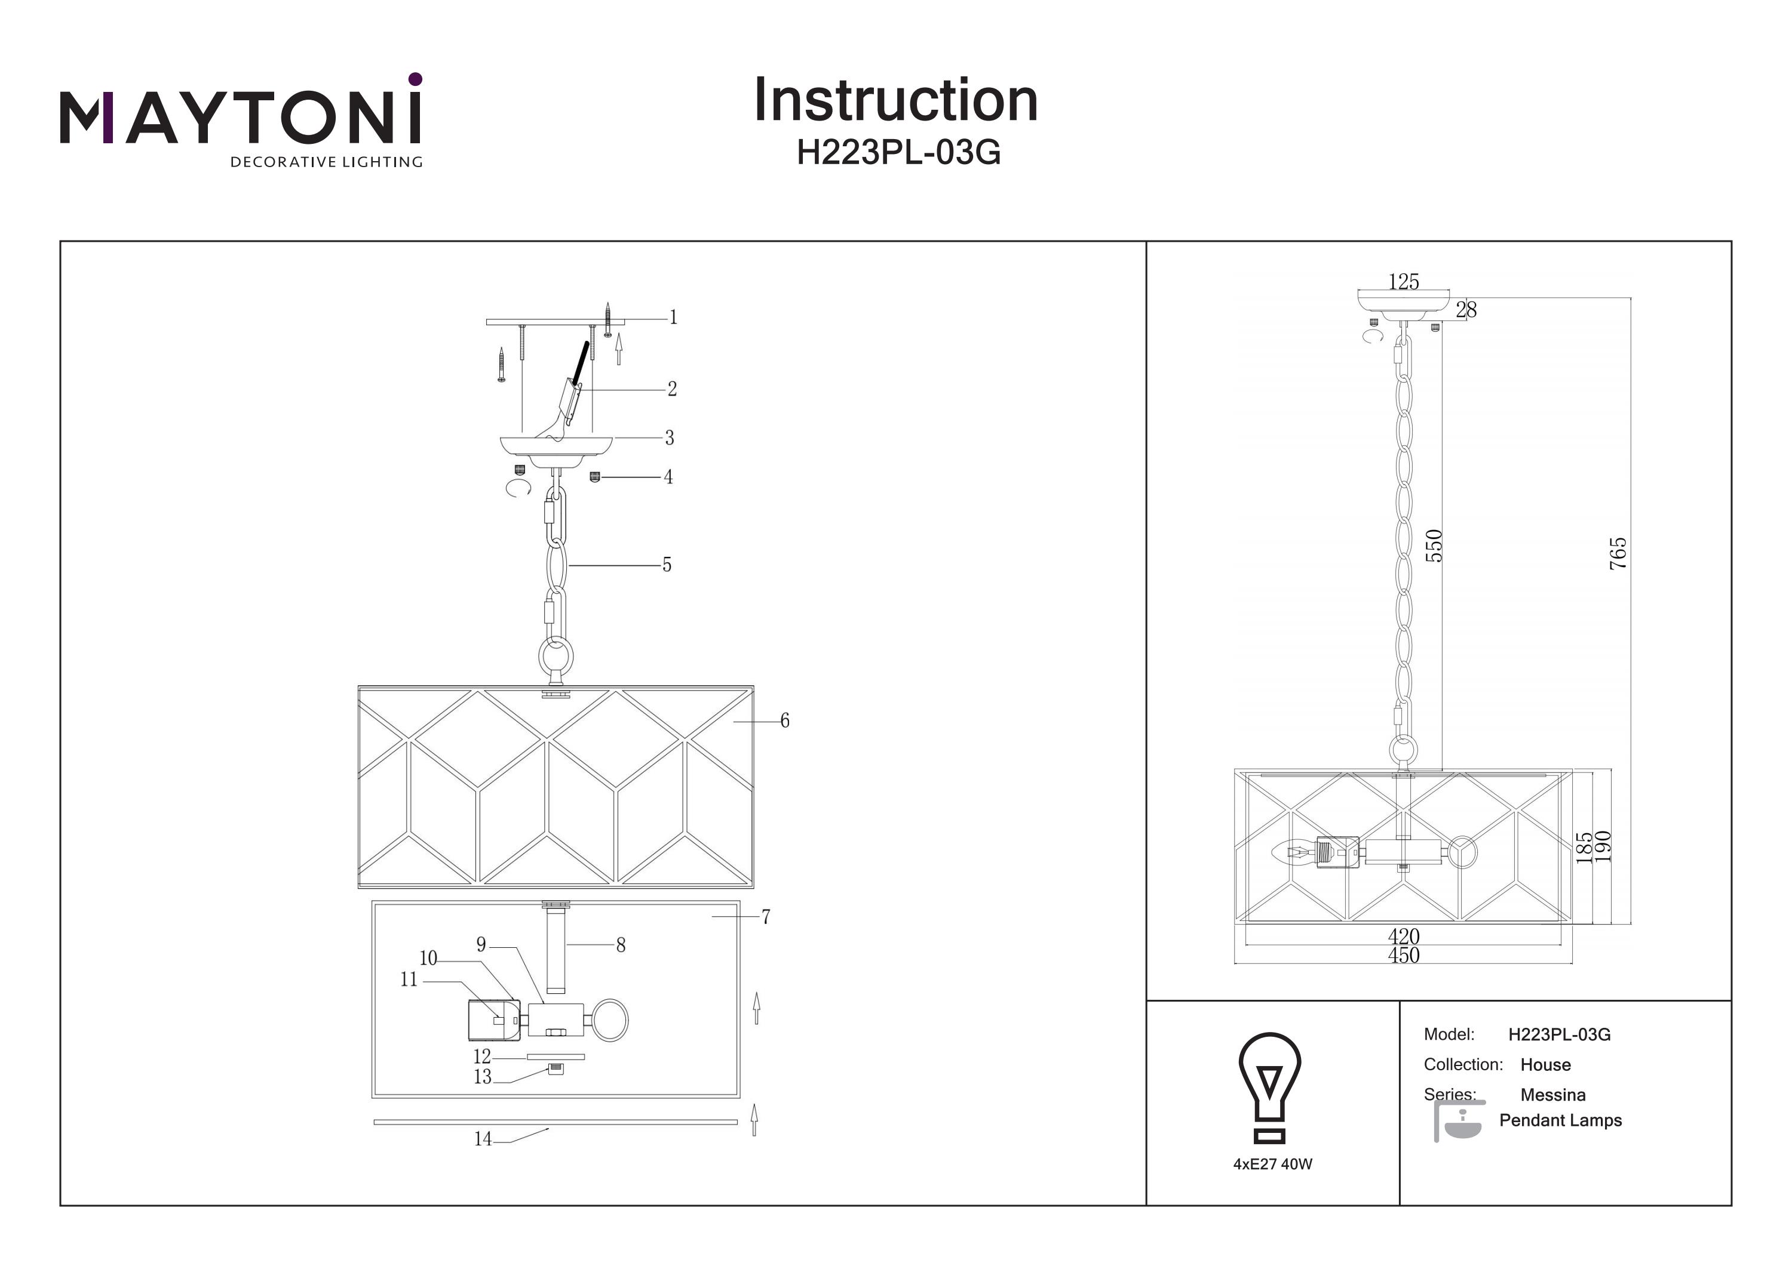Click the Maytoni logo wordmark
(x=240, y=117)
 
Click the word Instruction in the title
(x=895, y=101)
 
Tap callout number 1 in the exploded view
(x=674, y=318)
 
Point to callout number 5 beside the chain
(x=667, y=565)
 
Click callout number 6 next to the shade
(x=784, y=721)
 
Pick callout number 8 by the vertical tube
(x=621, y=945)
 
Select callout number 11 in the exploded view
(x=409, y=979)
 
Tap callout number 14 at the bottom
(x=483, y=1139)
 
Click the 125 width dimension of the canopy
(x=1403, y=282)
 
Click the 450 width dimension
(x=1403, y=956)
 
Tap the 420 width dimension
(x=1403, y=936)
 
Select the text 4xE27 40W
(x=1273, y=1164)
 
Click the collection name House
(x=1545, y=1065)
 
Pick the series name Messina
(x=1552, y=1095)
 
